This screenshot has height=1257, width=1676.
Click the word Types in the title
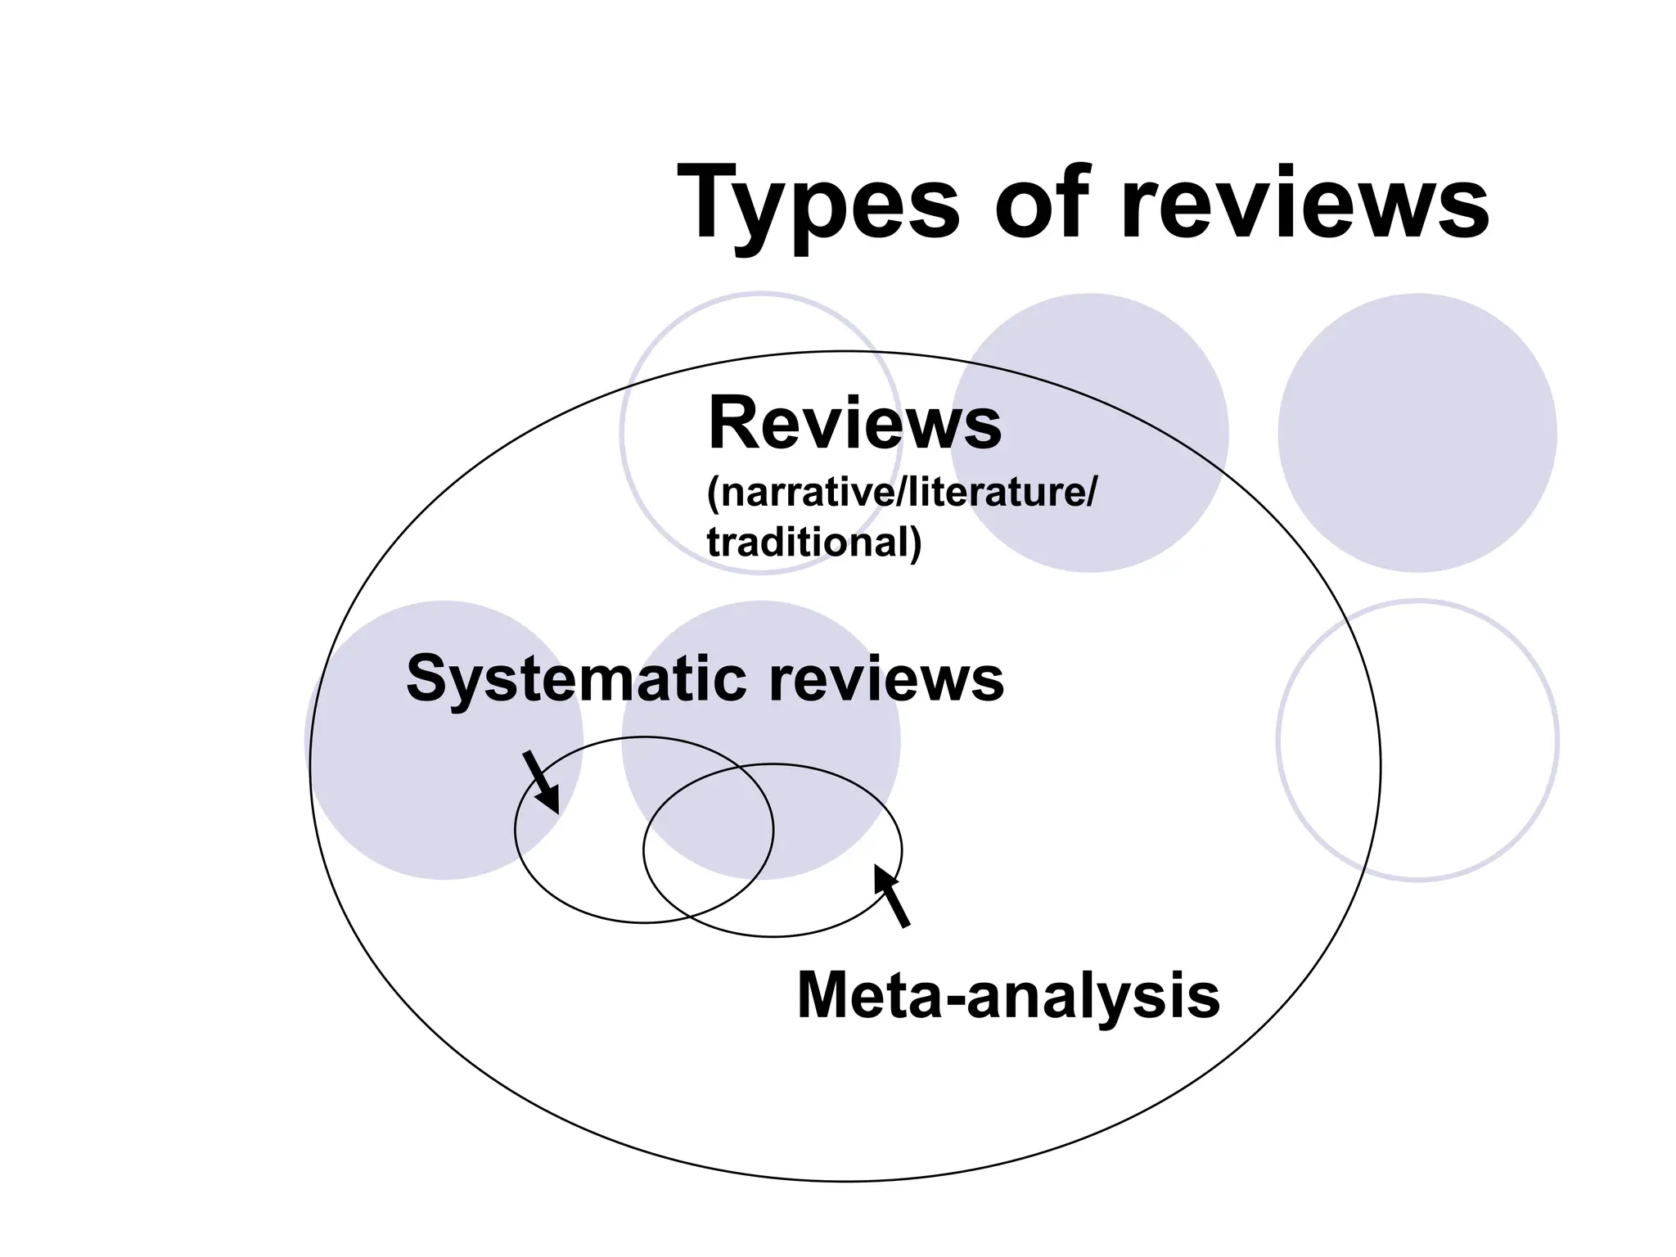point(818,205)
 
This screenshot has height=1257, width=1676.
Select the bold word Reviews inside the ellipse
point(854,423)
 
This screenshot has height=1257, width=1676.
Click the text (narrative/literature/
point(900,493)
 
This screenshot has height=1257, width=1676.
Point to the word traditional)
point(813,542)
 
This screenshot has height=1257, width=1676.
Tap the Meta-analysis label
point(1007,996)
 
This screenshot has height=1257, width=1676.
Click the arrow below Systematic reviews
point(541,782)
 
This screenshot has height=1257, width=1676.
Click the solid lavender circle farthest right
point(1417,433)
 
